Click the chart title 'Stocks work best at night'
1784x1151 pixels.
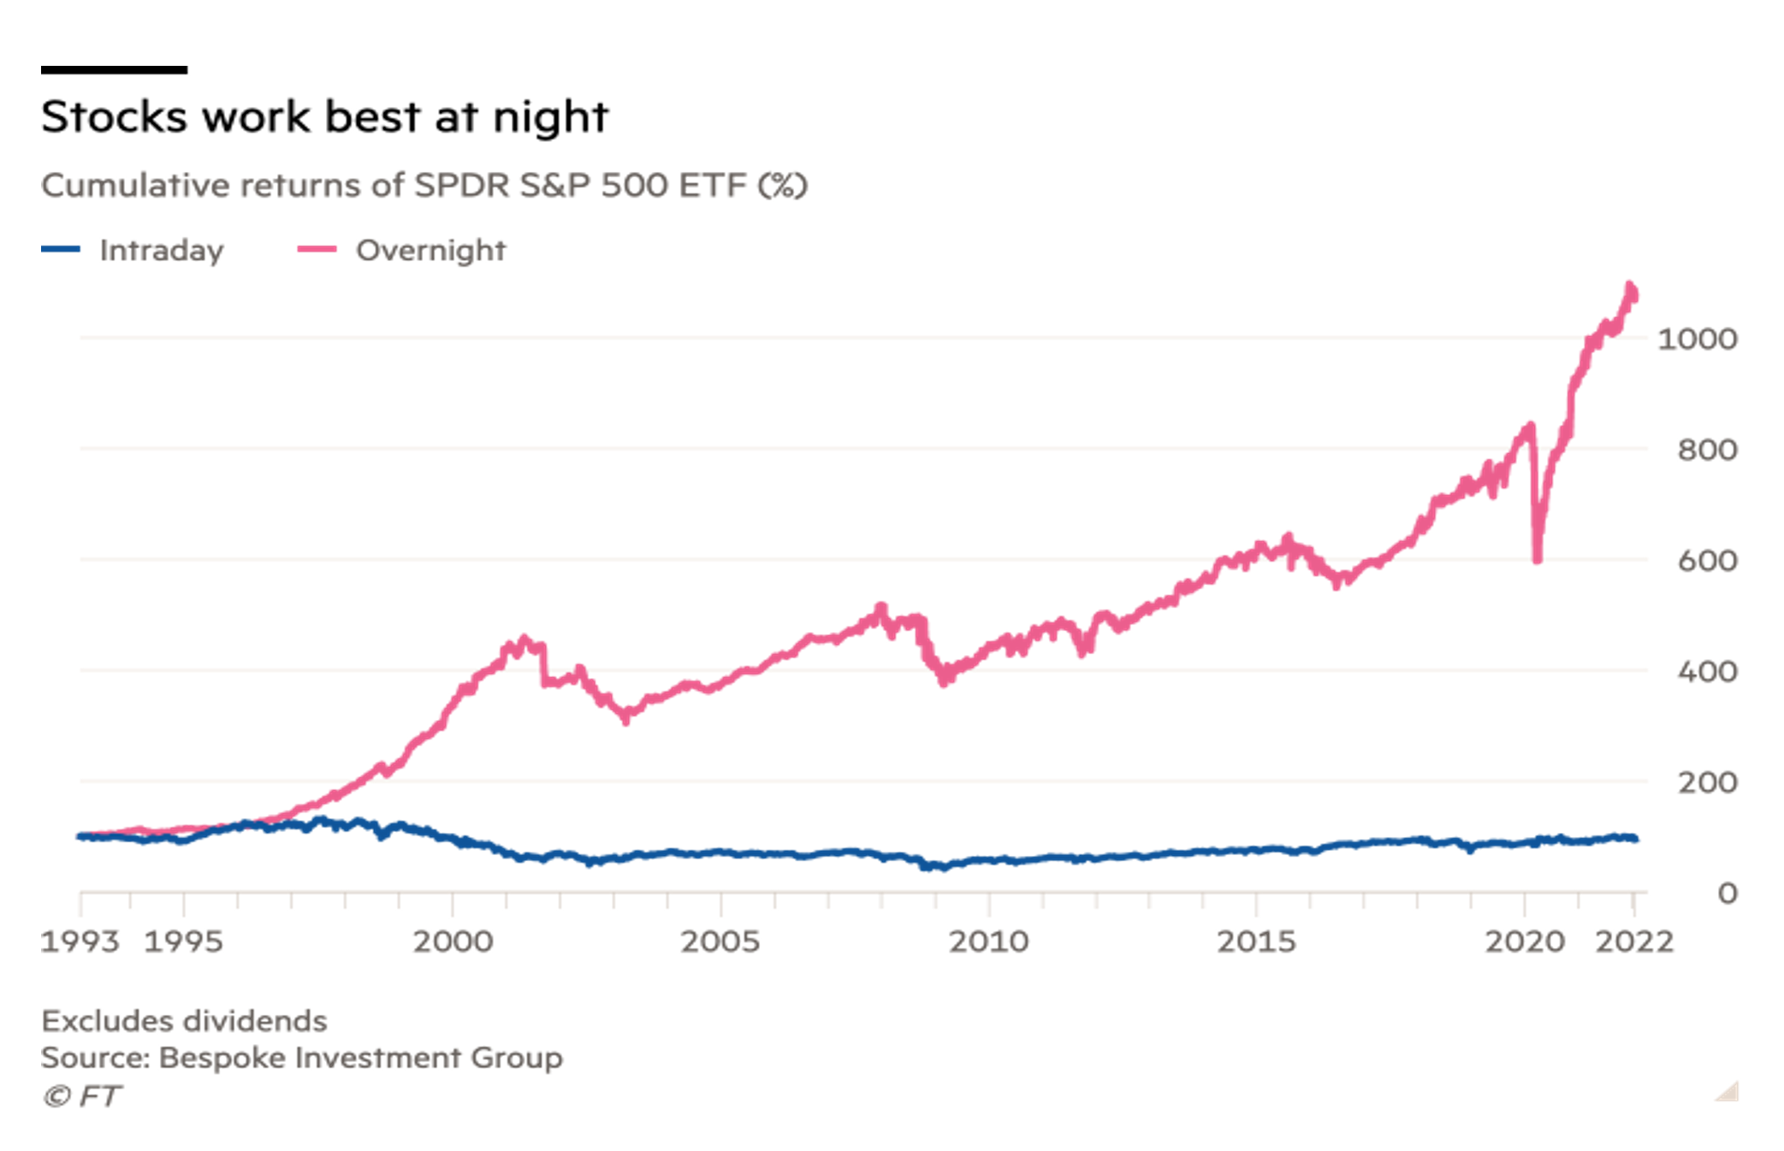(x=324, y=117)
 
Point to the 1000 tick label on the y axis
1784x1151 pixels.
(x=1697, y=339)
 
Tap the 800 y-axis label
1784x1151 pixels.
(x=1707, y=451)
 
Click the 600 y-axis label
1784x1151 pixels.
(x=1707, y=562)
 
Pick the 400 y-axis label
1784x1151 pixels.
(x=1707, y=672)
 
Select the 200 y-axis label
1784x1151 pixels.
(x=1707, y=783)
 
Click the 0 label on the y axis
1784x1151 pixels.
(x=1728, y=894)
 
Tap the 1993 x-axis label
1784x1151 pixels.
(x=80, y=941)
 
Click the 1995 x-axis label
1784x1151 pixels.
(x=183, y=941)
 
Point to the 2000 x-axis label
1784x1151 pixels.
(x=453, y=941)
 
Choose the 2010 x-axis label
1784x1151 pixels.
(x=988, y=941)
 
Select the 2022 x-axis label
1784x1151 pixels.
(x=1634, y=941)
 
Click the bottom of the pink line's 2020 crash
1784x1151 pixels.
(x=1538, y=559)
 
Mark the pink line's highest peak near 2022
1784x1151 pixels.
(x=1630, y=286)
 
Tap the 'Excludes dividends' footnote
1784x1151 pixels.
(x=184, y=1021)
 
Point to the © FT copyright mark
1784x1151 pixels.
(x=82, y=1096)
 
